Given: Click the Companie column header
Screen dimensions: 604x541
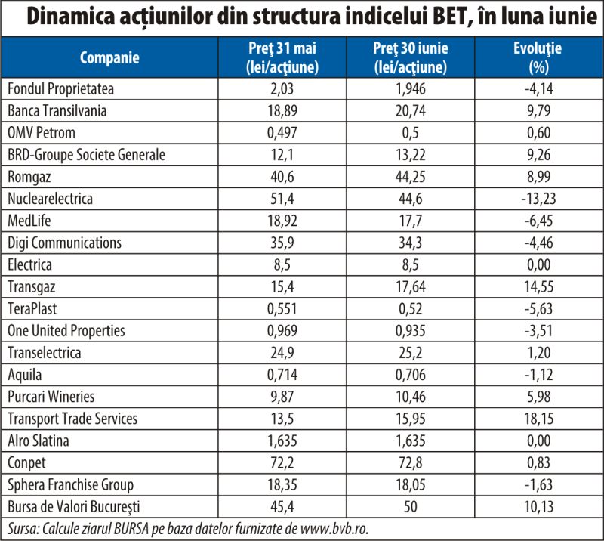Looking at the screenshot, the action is point(109,57).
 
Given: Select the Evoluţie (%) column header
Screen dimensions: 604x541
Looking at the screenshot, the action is point(538,57).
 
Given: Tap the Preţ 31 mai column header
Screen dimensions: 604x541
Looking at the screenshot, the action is point(282,57).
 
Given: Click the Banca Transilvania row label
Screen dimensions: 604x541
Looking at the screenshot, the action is point(57,110).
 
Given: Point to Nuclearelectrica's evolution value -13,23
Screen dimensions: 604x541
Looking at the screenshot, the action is point(538,199).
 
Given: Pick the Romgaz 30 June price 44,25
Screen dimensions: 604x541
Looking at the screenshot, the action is point(410,177).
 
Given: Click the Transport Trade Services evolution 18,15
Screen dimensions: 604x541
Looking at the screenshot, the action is point(538,419).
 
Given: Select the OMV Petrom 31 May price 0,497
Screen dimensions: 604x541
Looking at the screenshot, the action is point(282,133).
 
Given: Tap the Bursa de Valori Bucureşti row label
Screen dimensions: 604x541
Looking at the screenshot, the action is point(73,507).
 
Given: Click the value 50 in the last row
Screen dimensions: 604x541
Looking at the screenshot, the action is point(410,506).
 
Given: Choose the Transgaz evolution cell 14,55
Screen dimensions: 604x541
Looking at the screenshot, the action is point(538,286).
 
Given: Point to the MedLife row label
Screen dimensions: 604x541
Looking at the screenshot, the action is point(29,221).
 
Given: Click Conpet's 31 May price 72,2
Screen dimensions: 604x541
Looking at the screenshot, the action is point(282,462).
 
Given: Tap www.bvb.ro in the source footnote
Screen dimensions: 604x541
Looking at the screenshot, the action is point(334,529).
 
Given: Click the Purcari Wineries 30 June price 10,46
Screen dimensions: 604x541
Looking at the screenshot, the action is point(410,397).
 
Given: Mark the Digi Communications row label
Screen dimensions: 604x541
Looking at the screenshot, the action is point(64,243).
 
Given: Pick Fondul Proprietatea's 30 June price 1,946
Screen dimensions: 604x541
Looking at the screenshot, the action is point(410,88).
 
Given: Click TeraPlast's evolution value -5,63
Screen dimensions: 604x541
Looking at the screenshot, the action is point(538,308).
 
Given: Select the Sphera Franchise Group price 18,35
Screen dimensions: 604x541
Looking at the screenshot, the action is point(282,484).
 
